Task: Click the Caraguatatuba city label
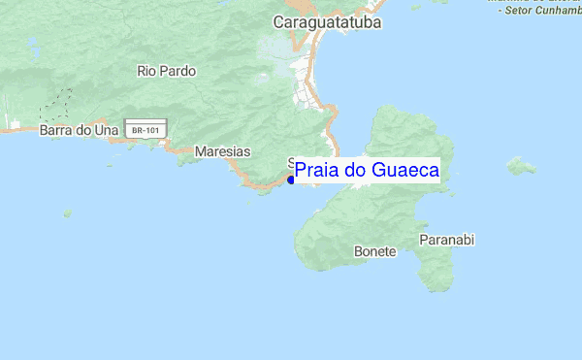tap(328, 21)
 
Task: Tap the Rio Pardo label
tap(167, 71)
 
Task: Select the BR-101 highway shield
tap(146, 128)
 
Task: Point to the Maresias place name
tap(222, 152)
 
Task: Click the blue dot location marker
tap(291, 180)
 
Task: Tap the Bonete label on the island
tap(375, 251)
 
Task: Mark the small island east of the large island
tap(522, 167)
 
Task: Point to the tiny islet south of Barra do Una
tap(67, 213)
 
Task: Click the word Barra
tap(56, 129)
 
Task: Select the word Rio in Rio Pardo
tap(146, 71)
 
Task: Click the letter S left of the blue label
tap(291, 163)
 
